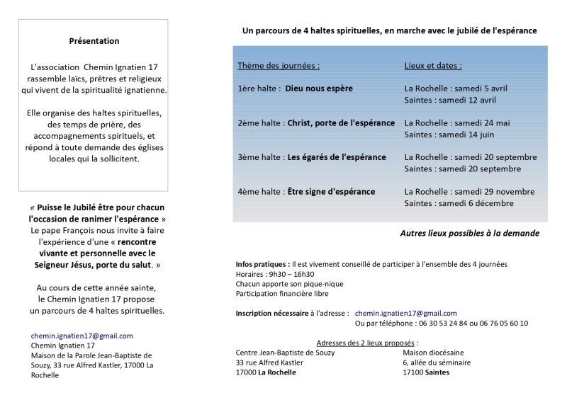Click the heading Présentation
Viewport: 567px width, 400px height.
point(94,40)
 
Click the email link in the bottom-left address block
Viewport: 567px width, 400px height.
point(82,336)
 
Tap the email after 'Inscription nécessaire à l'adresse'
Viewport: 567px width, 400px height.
point(406,313)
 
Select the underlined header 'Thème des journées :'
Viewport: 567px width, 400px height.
point(279,66)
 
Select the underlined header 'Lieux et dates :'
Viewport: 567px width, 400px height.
point(433,66)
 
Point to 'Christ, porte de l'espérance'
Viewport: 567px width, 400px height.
point(341,122)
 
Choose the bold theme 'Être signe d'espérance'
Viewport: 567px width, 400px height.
point(330,191)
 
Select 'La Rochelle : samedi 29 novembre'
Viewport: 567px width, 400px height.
point(469,191)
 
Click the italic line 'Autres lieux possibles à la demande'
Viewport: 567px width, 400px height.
point(468,233)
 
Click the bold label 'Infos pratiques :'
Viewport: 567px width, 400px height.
point(263,263)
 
